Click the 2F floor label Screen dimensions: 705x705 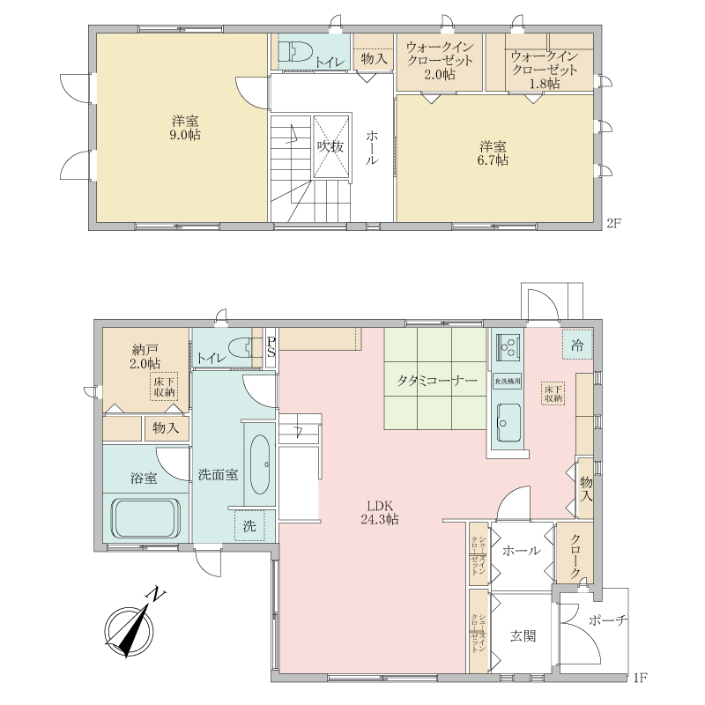pos(614,224)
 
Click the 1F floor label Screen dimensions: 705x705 pos(640,677)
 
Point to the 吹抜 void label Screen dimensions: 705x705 pos(330,147)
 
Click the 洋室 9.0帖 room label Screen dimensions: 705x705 pos(185,128)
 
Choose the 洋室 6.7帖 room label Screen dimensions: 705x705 pos(493,153)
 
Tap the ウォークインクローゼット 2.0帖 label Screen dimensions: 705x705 pos(440,61)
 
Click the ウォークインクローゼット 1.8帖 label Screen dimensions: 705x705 pos(545,70)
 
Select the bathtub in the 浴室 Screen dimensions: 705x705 pos(146,517)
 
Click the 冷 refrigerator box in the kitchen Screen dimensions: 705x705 pos(577,345)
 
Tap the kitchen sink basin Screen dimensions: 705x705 pos(509,423)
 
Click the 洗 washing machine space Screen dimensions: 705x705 pos(249,525)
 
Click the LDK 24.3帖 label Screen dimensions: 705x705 pos(380,512)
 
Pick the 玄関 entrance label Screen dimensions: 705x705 pos(523,636)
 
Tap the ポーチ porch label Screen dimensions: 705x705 pos(608,620)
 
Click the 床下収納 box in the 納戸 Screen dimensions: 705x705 pos(164,386)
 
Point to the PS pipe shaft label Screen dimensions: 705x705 pos(271,346)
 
